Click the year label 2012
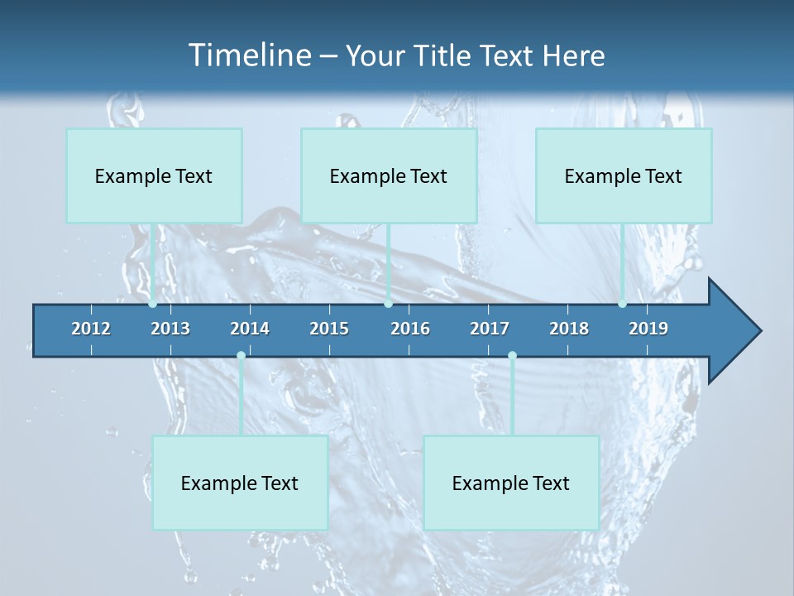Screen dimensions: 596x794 click(91, 329)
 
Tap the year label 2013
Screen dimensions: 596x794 click(170, 329)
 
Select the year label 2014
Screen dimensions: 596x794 click(250, 329)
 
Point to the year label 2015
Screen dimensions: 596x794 click(329, 329)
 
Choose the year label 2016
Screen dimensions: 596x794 click(410, 329)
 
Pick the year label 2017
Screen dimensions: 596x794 click(490, 329)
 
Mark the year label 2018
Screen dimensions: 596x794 click(569, 329)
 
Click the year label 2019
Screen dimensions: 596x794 click(648, 329)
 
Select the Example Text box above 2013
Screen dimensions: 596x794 click(154, 176)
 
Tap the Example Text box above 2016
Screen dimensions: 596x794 click(389, 176)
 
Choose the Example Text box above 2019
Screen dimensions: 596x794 click(624, 176)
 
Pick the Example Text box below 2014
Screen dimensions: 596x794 click(240, 483)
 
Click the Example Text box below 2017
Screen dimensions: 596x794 click(511, 483)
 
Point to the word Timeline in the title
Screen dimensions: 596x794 click(248, 55)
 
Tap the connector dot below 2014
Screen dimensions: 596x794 click(241, 356)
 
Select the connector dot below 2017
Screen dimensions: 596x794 click(512, 356)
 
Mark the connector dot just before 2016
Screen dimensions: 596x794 click(388, 304)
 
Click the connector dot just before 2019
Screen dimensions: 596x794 click(622, 304)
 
